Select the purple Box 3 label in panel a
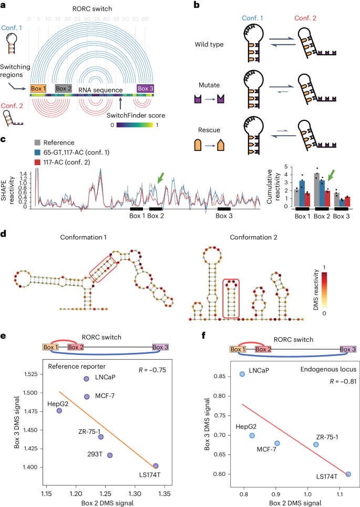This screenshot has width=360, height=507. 145,88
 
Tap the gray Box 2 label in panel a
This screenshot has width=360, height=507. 64,88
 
